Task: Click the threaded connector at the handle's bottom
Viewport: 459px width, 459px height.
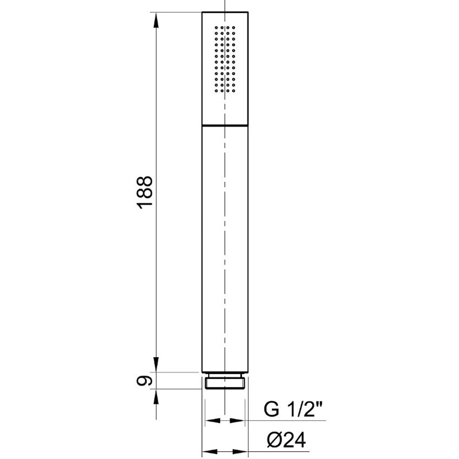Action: click(225, 382)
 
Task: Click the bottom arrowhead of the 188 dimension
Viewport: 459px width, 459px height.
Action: click(156, 365)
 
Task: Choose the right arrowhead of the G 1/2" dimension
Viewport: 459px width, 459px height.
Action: click(238, 420)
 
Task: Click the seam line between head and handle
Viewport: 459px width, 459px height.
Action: click(225, 124)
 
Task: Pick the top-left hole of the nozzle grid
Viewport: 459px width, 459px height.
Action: click(215, 28)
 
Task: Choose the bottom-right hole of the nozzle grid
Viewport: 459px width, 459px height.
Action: click(235, 91)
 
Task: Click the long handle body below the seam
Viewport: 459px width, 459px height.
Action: click(225, 248)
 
